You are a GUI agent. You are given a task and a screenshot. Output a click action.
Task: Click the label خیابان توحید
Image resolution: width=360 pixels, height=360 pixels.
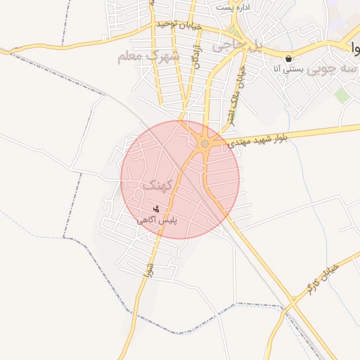point(179,25)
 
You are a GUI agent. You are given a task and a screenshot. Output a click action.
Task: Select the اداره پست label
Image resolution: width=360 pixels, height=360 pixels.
point(234,6)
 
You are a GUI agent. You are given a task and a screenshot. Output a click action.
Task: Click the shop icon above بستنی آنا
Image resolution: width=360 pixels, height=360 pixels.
point(288,58)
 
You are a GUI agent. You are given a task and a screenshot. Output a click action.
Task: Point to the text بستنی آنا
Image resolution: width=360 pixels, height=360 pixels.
point(288,70)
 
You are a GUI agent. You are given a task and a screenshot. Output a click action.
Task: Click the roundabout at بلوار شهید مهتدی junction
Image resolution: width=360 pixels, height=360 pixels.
point(205,143)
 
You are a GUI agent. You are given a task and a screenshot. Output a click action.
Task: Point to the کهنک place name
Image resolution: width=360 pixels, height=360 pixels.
point(157,186)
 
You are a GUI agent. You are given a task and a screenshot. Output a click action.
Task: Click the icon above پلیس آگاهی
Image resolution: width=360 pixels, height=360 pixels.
point(156,209)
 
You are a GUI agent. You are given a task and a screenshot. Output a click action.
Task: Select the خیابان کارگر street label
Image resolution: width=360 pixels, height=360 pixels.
point(323,278)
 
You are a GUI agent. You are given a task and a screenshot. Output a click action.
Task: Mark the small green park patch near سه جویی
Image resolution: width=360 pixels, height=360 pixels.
point(342,95)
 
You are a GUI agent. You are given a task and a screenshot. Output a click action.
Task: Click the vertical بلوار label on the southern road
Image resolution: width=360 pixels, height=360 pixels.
point(148,270)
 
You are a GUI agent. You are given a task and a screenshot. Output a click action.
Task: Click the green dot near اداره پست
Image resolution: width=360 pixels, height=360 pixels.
point(231,30)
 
